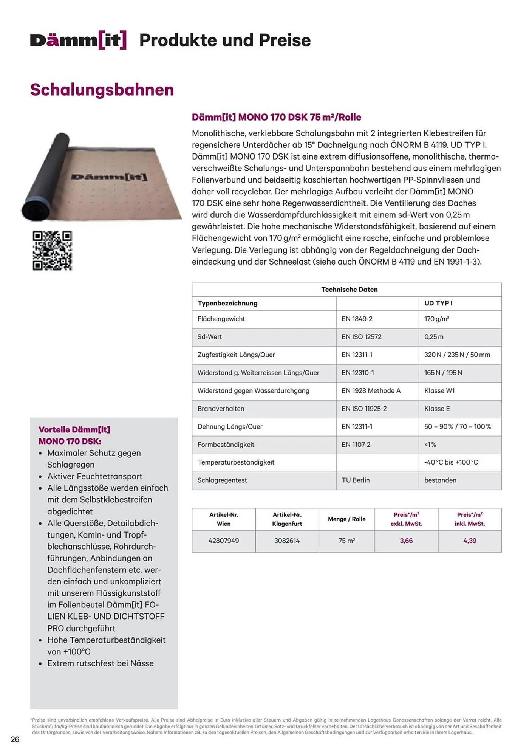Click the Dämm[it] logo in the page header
pyautogui.click(x=78, y=40)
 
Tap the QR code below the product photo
pyautogui.click(x=52, y=251)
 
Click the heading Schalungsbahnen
pyautogui.click(x=102, y=90)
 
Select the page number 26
pyautogui.click(x=15, y=739)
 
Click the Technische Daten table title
pyautogui.click(x=349, y=290)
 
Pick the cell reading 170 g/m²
pyautogui.click(x=436, y=319)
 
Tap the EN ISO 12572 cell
pyautogui.click(x=361, y=337)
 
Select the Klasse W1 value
pyautogui.click(x=439, y=391)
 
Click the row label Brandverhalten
pyautogui.click(x=221, y=409)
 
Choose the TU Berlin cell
pyautogui.click(x=356, y=480)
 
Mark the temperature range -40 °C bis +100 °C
pyautogui.click(x=451, y=462)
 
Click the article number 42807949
pyautogui.click(x=223, y=541)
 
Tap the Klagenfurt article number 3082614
pyautogui.click(x=287, y=541)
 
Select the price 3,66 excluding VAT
pyautogui.click(x=406, y=541)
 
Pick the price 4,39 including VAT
pyautogui.click(x=470, y=541)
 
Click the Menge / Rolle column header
pyautogui.click(x=346, y=519)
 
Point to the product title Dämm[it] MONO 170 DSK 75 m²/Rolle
pyautogui.click(x=276, y=117)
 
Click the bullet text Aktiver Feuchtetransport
pyautogui.click(x=94, y=476)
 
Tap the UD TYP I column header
pyautogui.click(x=438, y=303)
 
